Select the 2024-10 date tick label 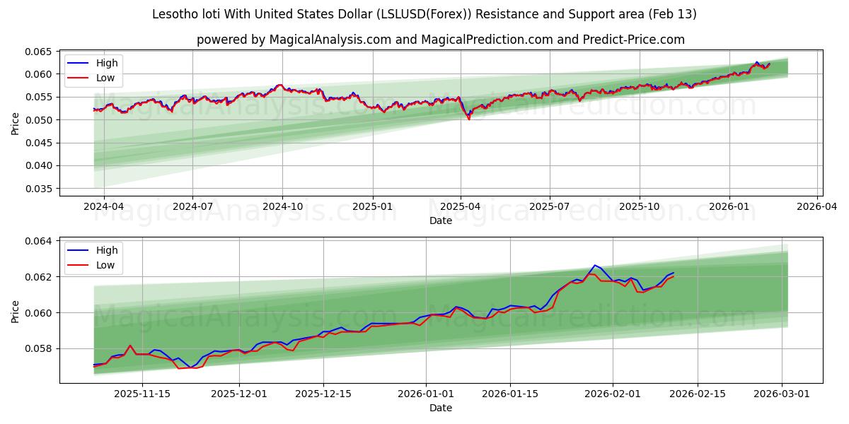tap(282, 207)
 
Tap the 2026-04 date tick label tap(817, 207)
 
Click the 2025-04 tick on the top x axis tap(461, 207)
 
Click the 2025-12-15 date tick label tap(323, 394)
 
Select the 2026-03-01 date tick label tap(781, 394)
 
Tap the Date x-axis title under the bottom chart tap(440, 408)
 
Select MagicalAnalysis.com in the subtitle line tap(330, 40)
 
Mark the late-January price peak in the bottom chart tap(594, 265)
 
